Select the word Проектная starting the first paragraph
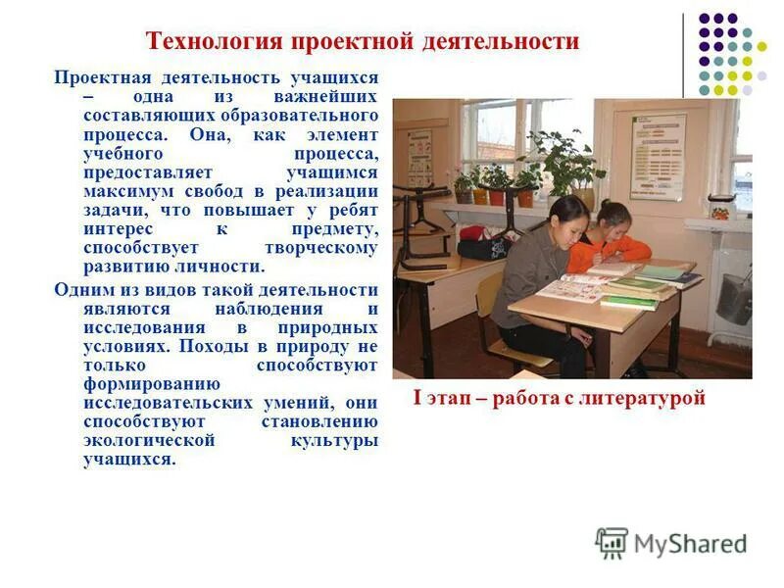(x=98, y=77)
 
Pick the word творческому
(x=320, y=248)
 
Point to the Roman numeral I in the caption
(x=416, y=398)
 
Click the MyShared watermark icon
(x=612, y=542)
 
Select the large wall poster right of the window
(x=658, y=155)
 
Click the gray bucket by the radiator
(x=733, y=298)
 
